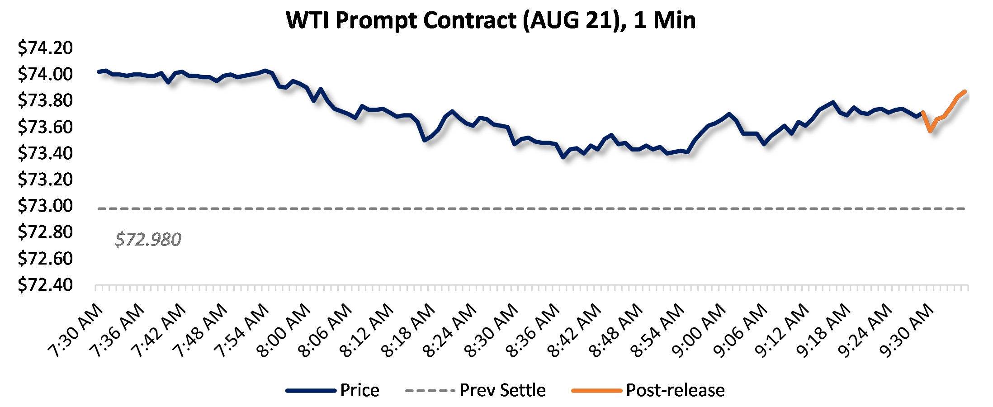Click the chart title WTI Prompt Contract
(491, 20)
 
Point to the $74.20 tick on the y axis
(45, 48)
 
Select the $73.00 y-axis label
(45, 206)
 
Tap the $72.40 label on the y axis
(45, 285)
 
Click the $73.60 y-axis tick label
(45, 127)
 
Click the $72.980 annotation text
(148, 239)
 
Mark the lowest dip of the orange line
(930, 131)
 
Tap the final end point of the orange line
(965, 92)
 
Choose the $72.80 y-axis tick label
(45, 232)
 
